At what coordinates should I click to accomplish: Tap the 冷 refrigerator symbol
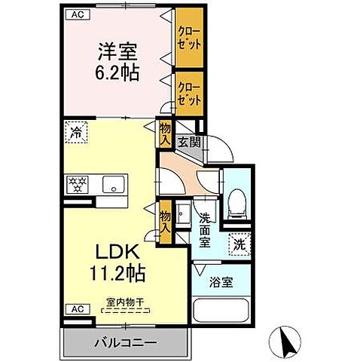tap(75, 132)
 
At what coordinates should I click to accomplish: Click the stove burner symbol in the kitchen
tap(78, 183)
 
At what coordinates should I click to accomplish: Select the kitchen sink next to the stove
tap(114, 183)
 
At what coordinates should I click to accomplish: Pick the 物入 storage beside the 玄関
tap(165, 134)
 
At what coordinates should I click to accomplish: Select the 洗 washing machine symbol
tap(239, 245)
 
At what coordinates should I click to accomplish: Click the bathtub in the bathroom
tap(222, 315)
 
